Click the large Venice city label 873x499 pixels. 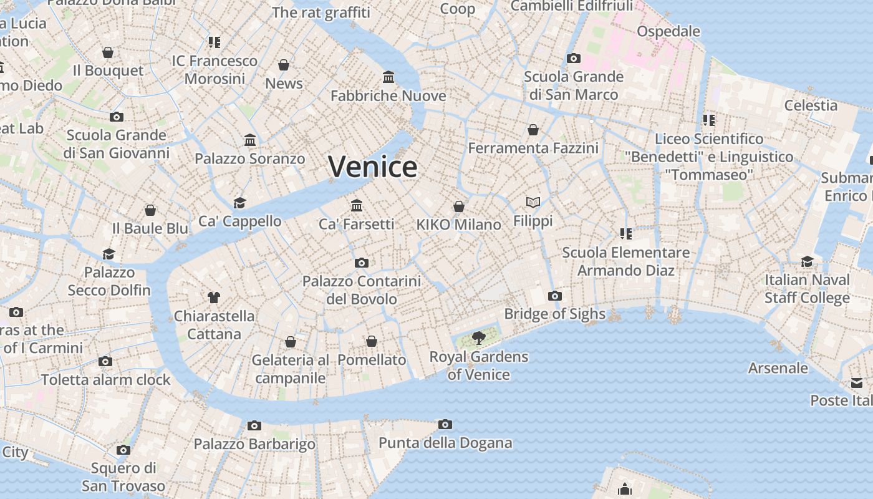pos(373,167)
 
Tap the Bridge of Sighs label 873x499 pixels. pos(554,314)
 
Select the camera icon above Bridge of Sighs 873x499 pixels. pos(555,296)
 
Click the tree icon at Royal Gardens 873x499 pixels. pos(479,338)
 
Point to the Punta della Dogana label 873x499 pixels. pos(445,443)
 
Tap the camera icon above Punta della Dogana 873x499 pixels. pos(445,425)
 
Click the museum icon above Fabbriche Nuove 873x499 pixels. pos(388,77)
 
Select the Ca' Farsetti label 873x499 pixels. pos(357,224)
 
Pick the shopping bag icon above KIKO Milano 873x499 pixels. pos(459,206)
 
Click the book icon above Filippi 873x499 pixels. pos(533,202)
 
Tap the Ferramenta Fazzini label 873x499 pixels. pos(533,148)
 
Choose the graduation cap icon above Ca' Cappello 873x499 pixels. pos(240,203)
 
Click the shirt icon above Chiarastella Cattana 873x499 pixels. pos(214,297)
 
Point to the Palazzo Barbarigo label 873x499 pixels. pos(254,444)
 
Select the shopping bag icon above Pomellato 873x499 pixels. pos(372,341)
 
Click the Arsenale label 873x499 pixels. pos(778,368)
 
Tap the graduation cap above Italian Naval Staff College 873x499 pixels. pos(808,261)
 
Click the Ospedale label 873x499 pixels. pos(668,31)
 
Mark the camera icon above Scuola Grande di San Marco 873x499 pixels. pos(574,59)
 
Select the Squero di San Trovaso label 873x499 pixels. pos(123,477)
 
